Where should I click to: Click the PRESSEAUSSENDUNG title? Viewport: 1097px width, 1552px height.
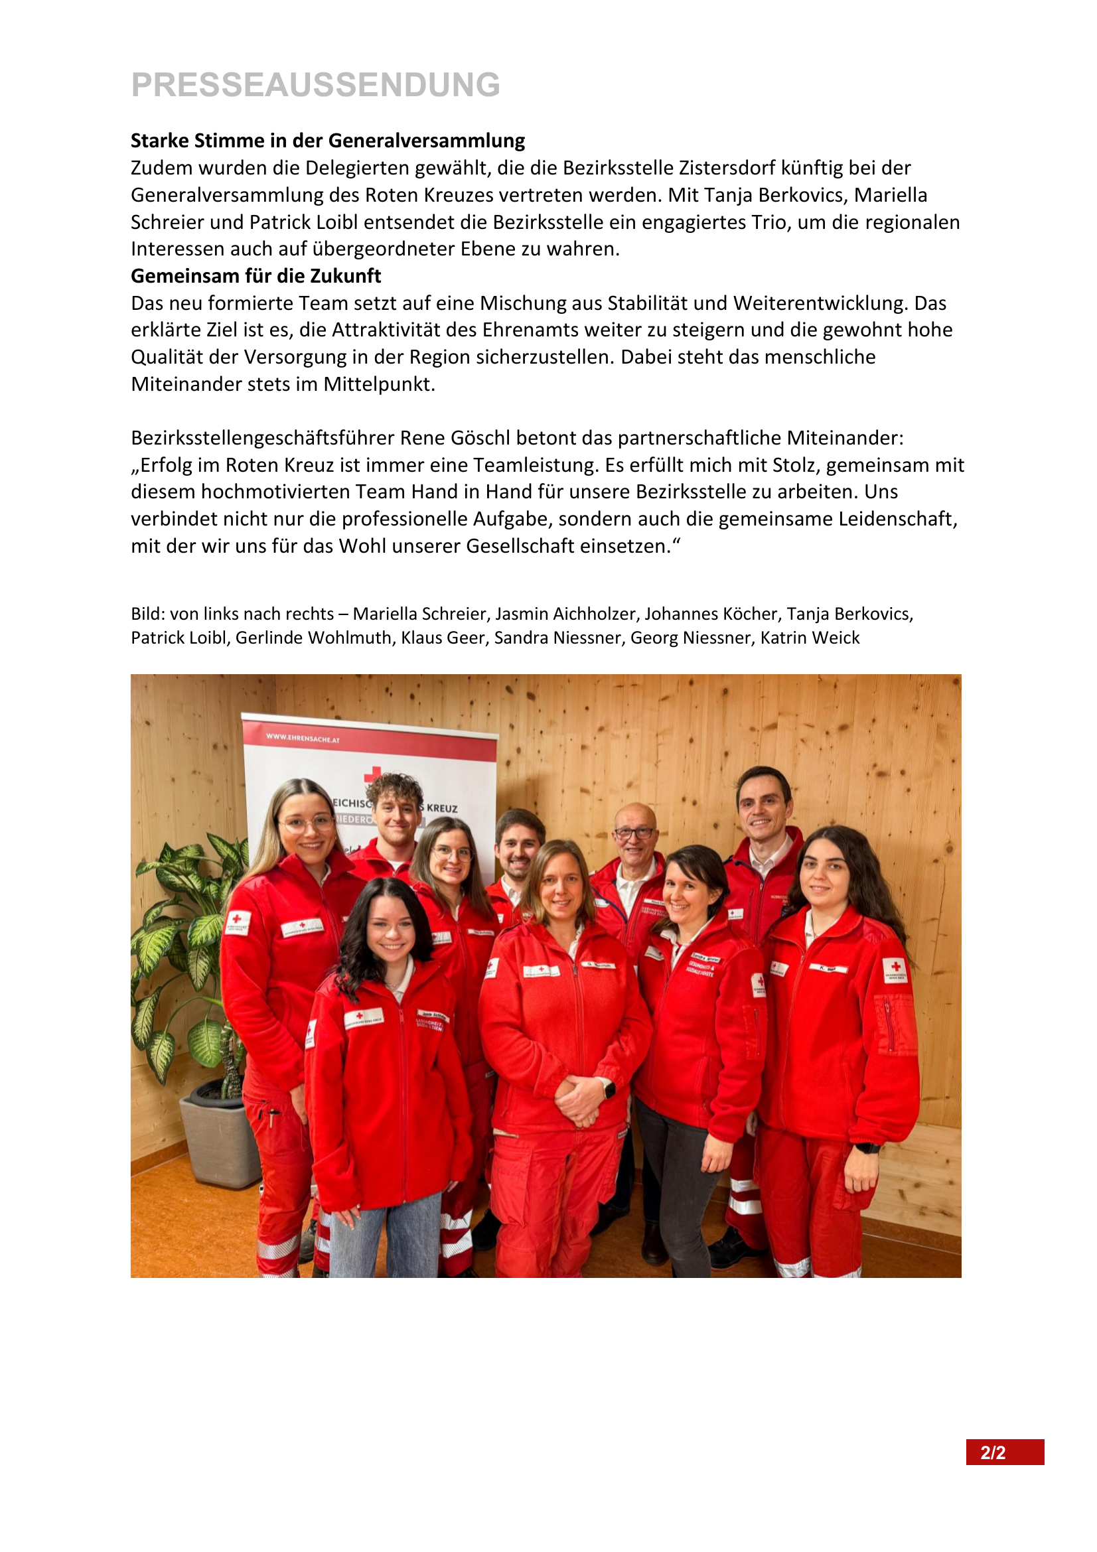[316, 85]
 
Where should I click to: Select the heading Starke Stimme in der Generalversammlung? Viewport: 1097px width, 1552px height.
[328, 141]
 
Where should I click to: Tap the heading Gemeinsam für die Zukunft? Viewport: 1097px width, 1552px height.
[256, 276]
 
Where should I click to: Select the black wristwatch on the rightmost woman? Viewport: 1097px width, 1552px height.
[867, 1148]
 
